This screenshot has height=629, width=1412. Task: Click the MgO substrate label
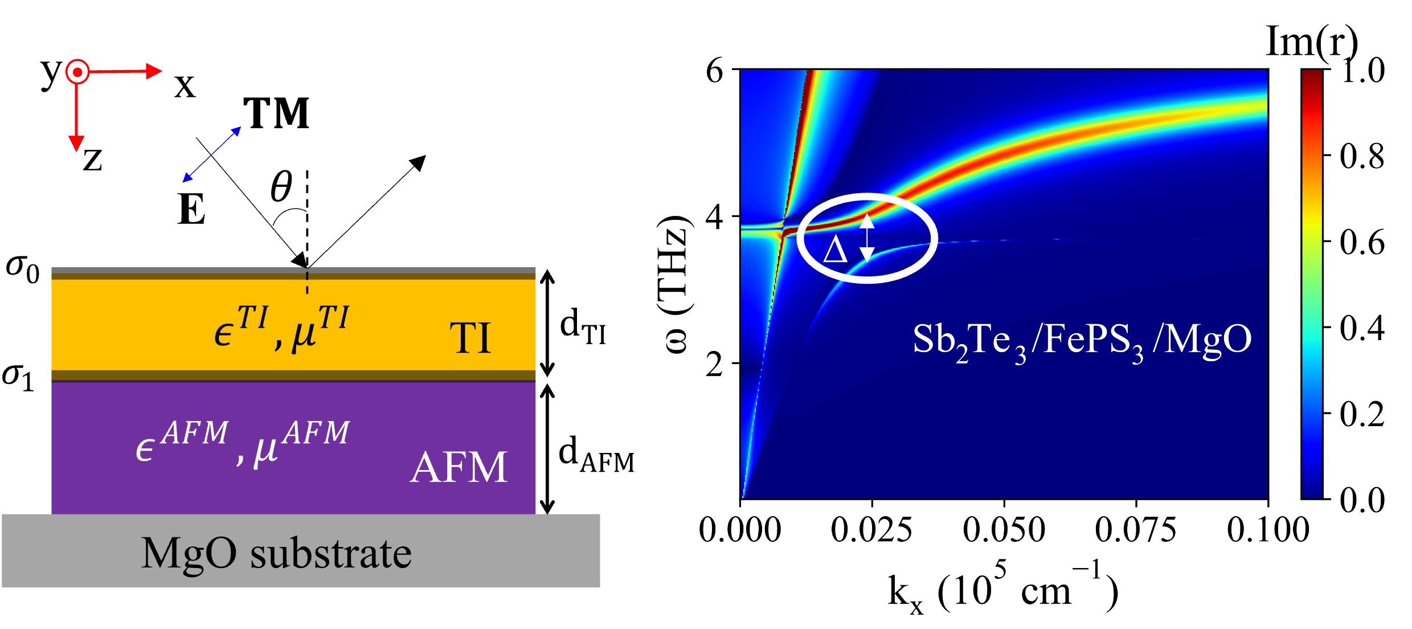point(276,553)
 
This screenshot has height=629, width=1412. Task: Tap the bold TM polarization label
point(276,113)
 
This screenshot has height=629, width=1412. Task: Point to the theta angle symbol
point(281,186)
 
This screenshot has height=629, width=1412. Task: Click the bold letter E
point(191,210)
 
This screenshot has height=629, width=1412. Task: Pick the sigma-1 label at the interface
point(18,377)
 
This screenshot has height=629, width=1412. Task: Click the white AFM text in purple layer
point(459,467)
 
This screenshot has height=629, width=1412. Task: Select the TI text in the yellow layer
point(470,338)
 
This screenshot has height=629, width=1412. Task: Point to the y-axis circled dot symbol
point(77,72)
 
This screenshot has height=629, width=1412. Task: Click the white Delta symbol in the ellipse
point(836,250)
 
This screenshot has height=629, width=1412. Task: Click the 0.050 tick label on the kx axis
point(1004,530)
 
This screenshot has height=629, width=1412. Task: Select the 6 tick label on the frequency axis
point(714,71)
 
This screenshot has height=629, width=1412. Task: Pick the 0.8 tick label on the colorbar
point(1362,156)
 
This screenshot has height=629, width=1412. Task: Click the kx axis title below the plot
point(1002,593)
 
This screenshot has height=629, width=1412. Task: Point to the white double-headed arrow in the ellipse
point(867,237)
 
